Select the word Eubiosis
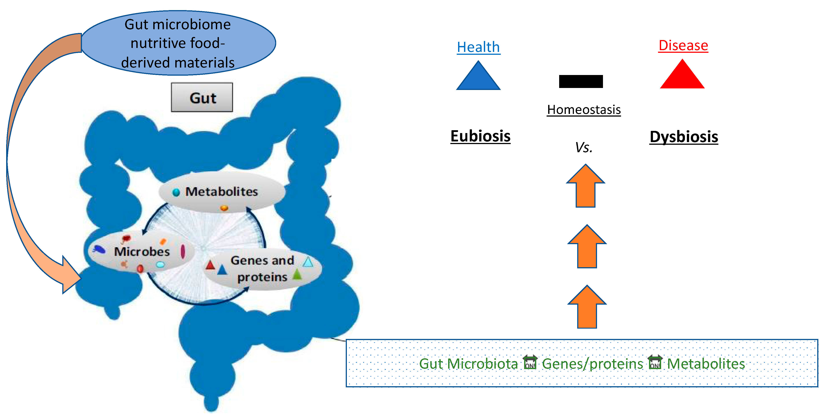click(480, 136)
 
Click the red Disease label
click(683, 45)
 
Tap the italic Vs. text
click(584, 147)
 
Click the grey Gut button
click(202, 97)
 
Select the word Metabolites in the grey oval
click(222, 192)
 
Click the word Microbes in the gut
click(142, 252)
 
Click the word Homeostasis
click(584, 110)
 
